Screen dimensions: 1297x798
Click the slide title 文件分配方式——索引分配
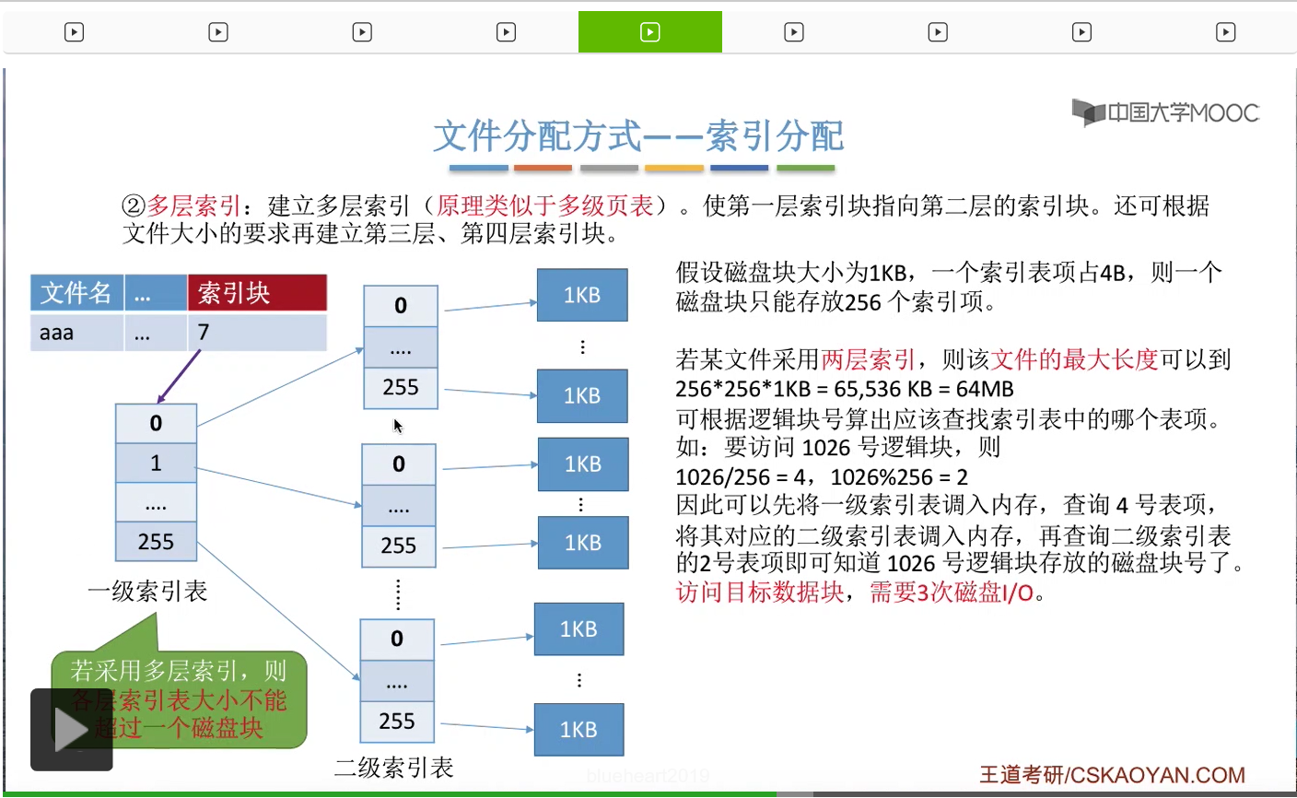(638, 136)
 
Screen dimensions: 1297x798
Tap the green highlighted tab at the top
(649, 32)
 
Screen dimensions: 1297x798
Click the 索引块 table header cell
(257, 293)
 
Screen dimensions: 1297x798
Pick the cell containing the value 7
(257, 333)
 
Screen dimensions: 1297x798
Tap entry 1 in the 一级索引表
(156, 463)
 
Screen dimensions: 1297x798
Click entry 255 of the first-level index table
(156, 542)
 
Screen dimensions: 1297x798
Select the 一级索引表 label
(147, 591)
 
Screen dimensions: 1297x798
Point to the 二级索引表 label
(393, 767)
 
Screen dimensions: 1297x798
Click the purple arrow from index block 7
(179, 377)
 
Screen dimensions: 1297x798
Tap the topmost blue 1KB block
(582, 295)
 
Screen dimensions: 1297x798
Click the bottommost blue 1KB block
(578, 730)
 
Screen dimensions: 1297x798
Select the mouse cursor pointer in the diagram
(397, 426)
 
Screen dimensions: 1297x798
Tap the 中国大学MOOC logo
(1165, 113)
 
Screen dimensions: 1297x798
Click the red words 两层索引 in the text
(868, 359)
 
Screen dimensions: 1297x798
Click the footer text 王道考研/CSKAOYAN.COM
(1111, 775)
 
